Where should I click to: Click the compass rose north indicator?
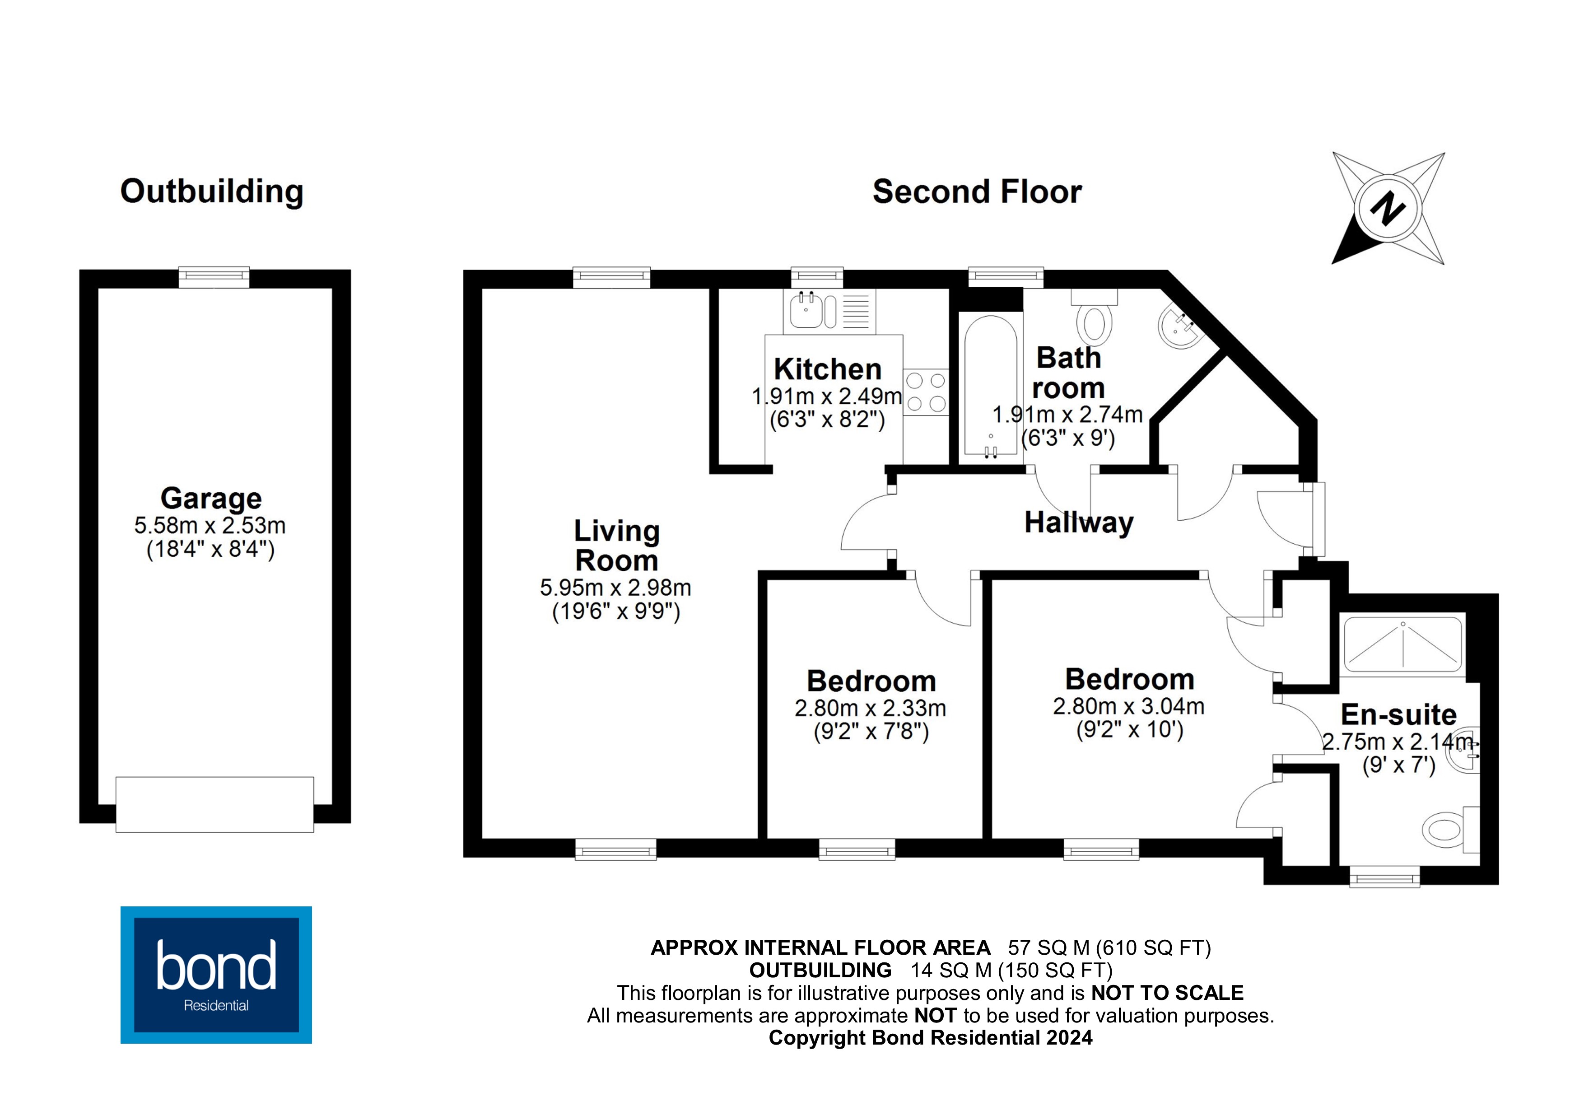pos(1388,208)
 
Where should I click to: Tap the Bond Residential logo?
pos(216,975)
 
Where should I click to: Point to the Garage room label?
pos(211,498)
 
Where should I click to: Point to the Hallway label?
pos(1079,523)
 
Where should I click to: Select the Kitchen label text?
pos(827,369)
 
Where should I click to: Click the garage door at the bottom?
pos(214,805)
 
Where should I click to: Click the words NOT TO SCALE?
pos(1167,993)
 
